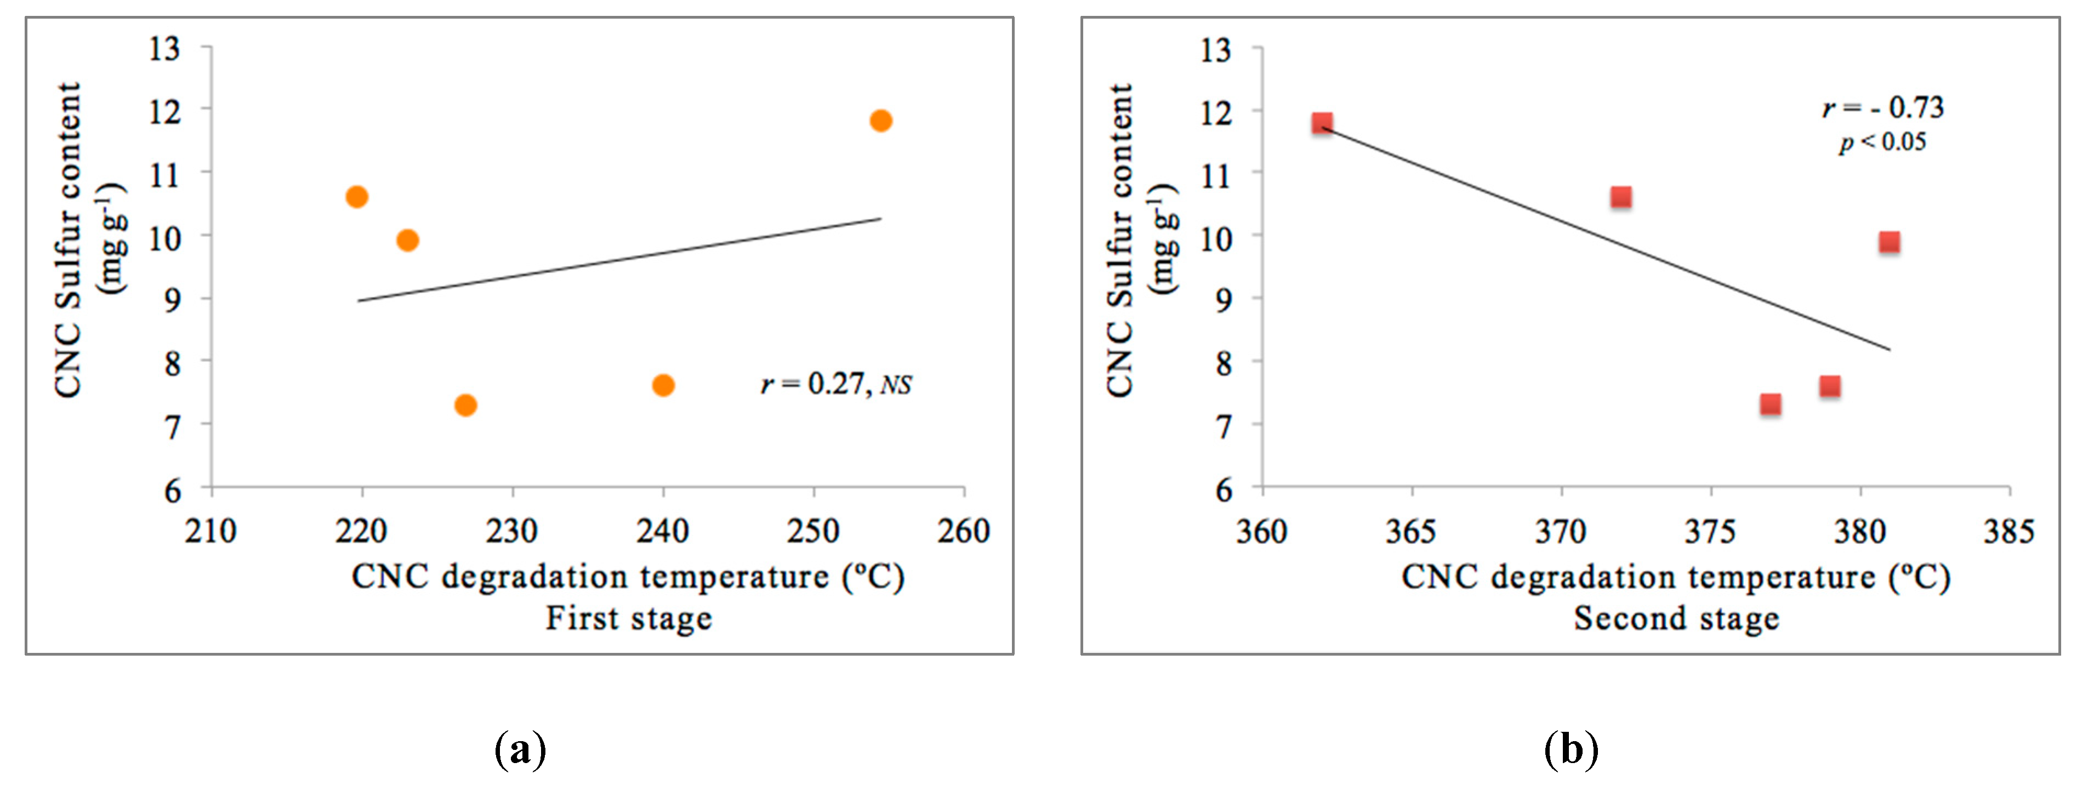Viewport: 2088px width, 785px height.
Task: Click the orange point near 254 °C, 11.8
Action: (x=880, y=121)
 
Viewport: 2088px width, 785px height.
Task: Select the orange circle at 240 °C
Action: (x=663, y=385)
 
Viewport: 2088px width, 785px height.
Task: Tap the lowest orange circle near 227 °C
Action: (x=465, y=405)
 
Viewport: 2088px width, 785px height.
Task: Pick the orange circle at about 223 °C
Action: (x=408, y=240)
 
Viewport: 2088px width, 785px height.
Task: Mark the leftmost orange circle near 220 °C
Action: (x=357, y=197)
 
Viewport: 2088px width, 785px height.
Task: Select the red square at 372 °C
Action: (x=1620, y=197)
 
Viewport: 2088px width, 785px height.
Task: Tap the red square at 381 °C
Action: (x=1890, y=242)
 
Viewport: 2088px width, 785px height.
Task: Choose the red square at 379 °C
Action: (x=1829, y=386)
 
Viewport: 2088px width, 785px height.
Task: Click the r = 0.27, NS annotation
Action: (x=835, y=384)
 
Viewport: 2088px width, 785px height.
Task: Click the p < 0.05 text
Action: (x=1882, y=143)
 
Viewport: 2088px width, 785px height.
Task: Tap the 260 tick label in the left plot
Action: (x=963, y=532)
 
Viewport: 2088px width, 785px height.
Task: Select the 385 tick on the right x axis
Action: (x=2009, y=532)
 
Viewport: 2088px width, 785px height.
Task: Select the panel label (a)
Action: (x=520, y=749)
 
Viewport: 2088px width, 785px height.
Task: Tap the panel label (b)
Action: (x=1571, y=749)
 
